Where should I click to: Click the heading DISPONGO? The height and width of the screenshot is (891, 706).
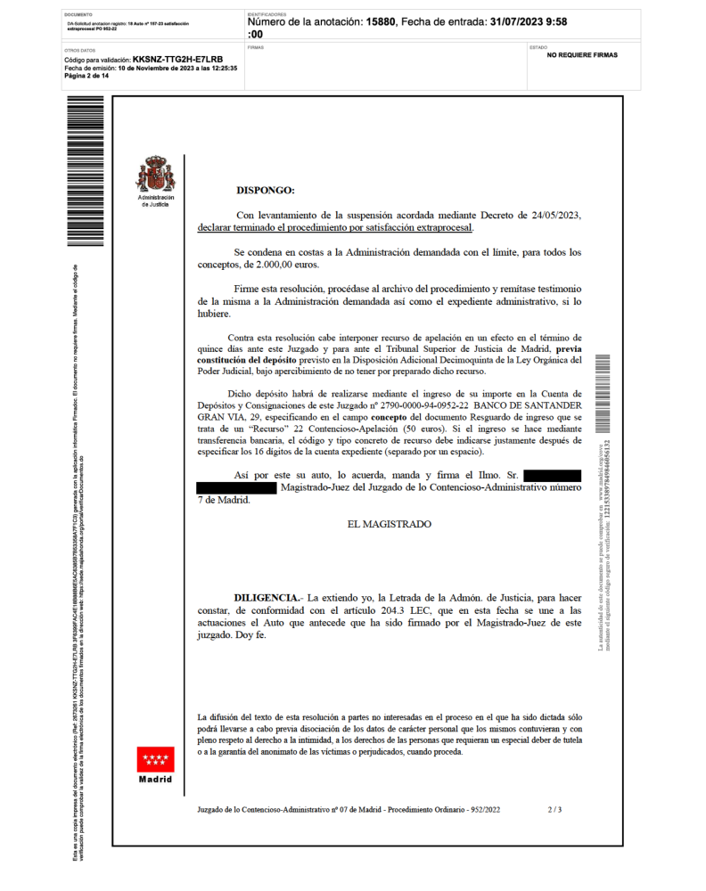point(265,190)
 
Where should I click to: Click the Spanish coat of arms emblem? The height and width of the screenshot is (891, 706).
point(156,174)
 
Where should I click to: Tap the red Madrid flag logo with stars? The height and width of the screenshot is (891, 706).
point(155,760)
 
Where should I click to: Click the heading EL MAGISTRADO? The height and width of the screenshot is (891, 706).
point(389,524)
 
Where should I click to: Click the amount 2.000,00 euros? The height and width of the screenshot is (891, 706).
point(287,265)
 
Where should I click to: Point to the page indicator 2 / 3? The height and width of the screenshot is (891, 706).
point(554,810)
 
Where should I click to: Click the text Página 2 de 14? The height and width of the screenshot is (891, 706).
point(86,76)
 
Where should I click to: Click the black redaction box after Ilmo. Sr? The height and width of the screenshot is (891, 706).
point(552,476)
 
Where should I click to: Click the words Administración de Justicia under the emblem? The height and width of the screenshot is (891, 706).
point(156,200)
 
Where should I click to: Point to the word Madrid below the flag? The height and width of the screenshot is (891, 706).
point(155,780)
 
